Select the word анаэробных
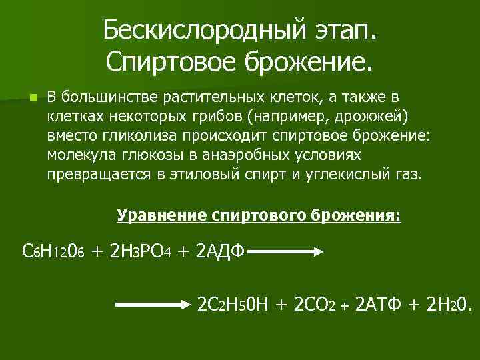coord(246,155)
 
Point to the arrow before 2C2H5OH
coord(153,305)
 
